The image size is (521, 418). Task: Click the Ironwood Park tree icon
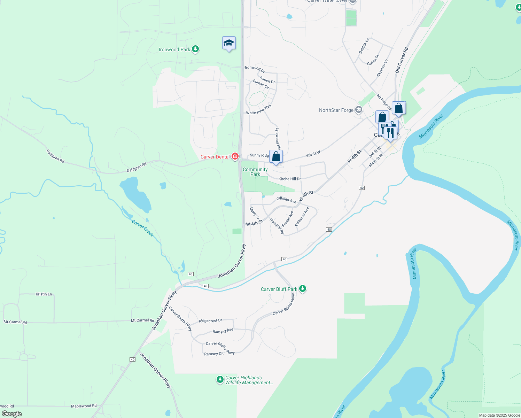click(x=195, y=49)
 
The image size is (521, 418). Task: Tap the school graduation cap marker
click(x=229, y=43)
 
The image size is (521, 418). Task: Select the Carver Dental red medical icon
click(x=235, y=157)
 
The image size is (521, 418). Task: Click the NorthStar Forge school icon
click(x=359, y=110)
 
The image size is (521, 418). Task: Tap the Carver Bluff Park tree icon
click(x=303, y=289)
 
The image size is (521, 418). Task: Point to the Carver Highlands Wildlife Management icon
click(x=220, y=380)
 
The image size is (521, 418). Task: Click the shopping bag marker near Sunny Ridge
click(x=276, y=157)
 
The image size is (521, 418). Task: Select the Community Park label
click(x=255, y=172)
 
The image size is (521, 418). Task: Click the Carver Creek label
click(x=143, y=228)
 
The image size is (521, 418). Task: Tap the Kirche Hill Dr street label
click(x=289, y=179)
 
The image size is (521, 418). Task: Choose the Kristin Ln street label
click(x=44, y=294)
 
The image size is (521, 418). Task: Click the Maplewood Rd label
click(x=84, y=406)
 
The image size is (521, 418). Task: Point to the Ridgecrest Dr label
click(x=210, y=320)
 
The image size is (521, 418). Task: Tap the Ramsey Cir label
click(x=214, y=354)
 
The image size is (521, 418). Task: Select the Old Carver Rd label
click(x=402, y=60)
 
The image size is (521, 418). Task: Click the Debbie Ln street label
click(x=364, y=46)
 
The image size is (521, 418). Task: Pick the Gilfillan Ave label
click(x=286, y=200)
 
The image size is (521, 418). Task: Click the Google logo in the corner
click(x=11, y=414)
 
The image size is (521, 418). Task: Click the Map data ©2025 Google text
click(x=499, y=415)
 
